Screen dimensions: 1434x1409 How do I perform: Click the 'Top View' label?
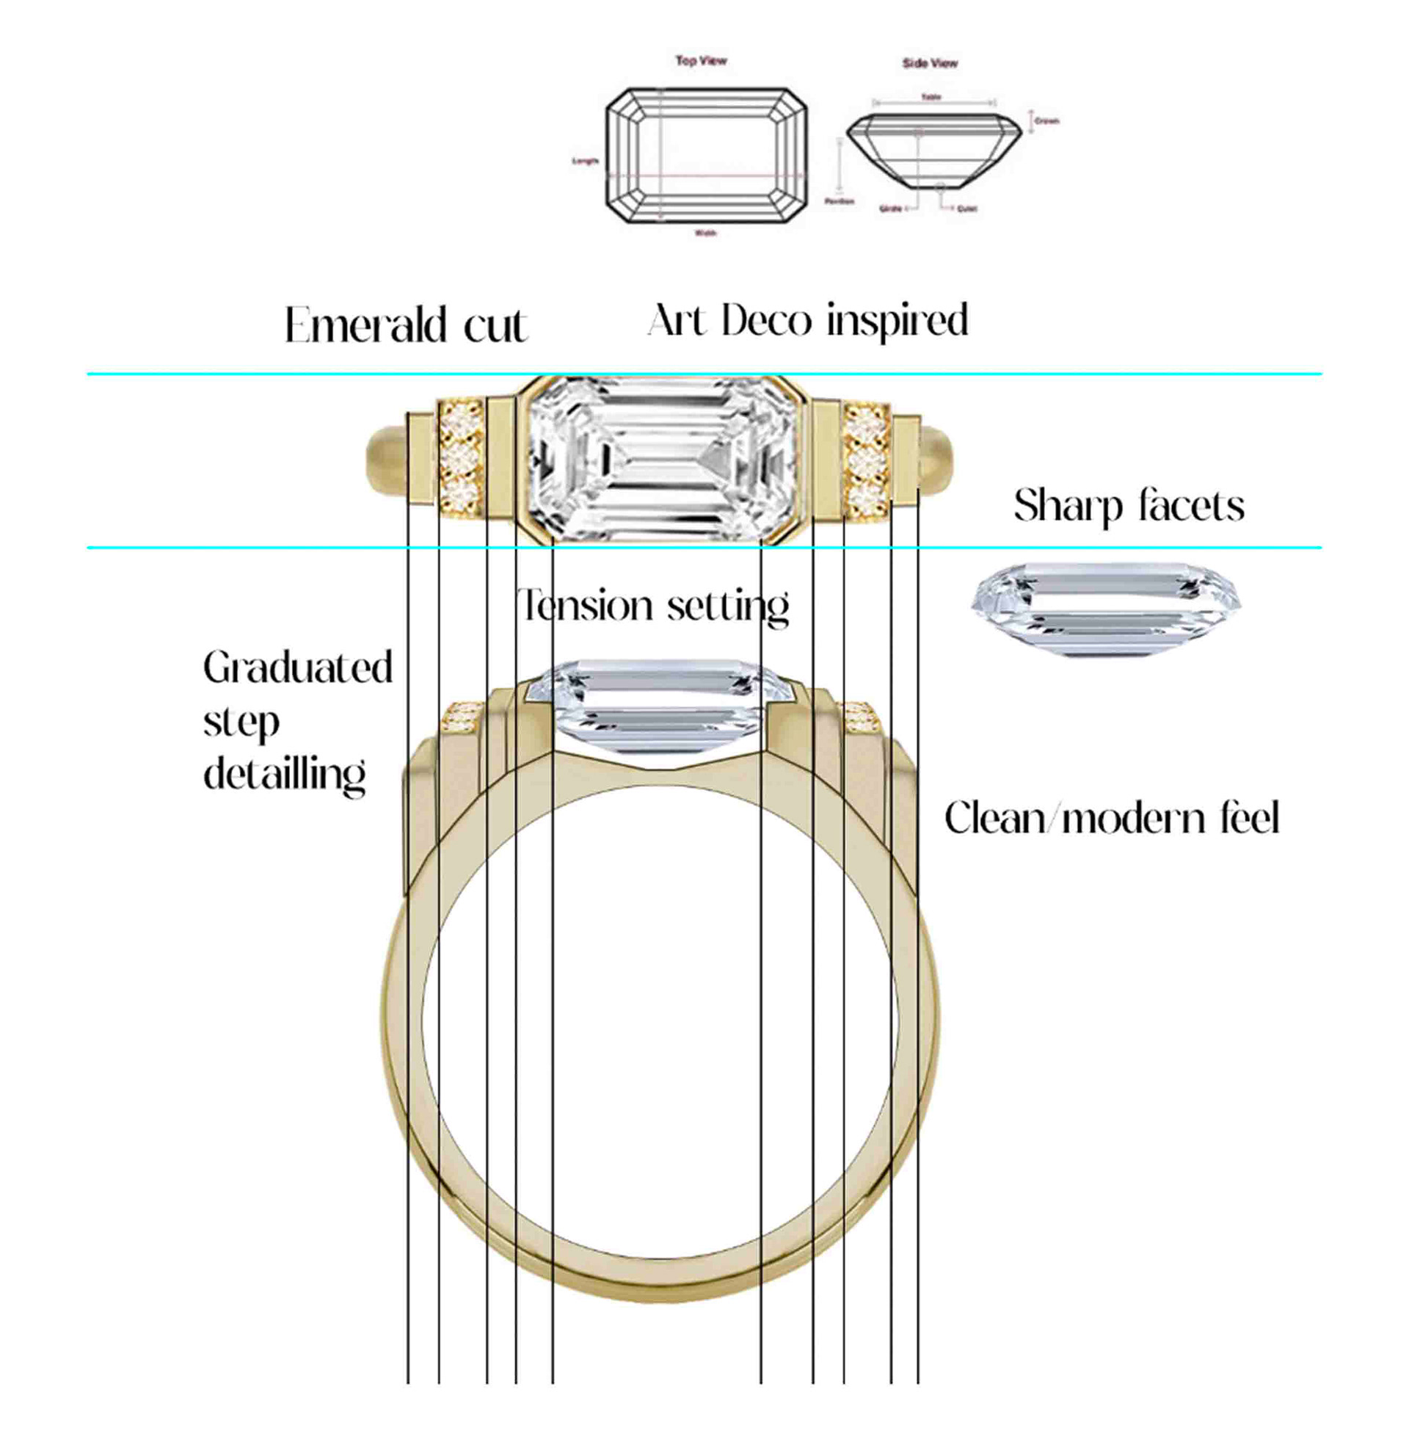(701, 61)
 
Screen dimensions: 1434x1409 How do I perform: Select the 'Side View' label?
(930, 64)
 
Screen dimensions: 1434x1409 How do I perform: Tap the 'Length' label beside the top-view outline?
(585, 161)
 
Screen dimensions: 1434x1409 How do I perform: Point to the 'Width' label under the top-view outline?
(705, 233)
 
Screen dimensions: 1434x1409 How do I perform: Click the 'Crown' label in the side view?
(1046, 120)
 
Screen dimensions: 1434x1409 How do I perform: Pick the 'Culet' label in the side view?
(966, 209)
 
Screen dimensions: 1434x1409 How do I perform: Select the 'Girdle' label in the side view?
(890, 209)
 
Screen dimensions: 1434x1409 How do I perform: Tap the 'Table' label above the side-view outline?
(931, 97)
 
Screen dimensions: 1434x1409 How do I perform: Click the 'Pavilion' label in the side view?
(840, 200)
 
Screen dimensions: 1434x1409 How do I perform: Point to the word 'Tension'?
(585, 606)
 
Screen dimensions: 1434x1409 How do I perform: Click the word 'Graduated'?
(297, 667)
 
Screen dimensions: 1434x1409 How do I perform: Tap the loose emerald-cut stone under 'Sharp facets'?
(1106, 610)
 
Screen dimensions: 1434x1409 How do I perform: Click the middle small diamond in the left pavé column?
(460, 459)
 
